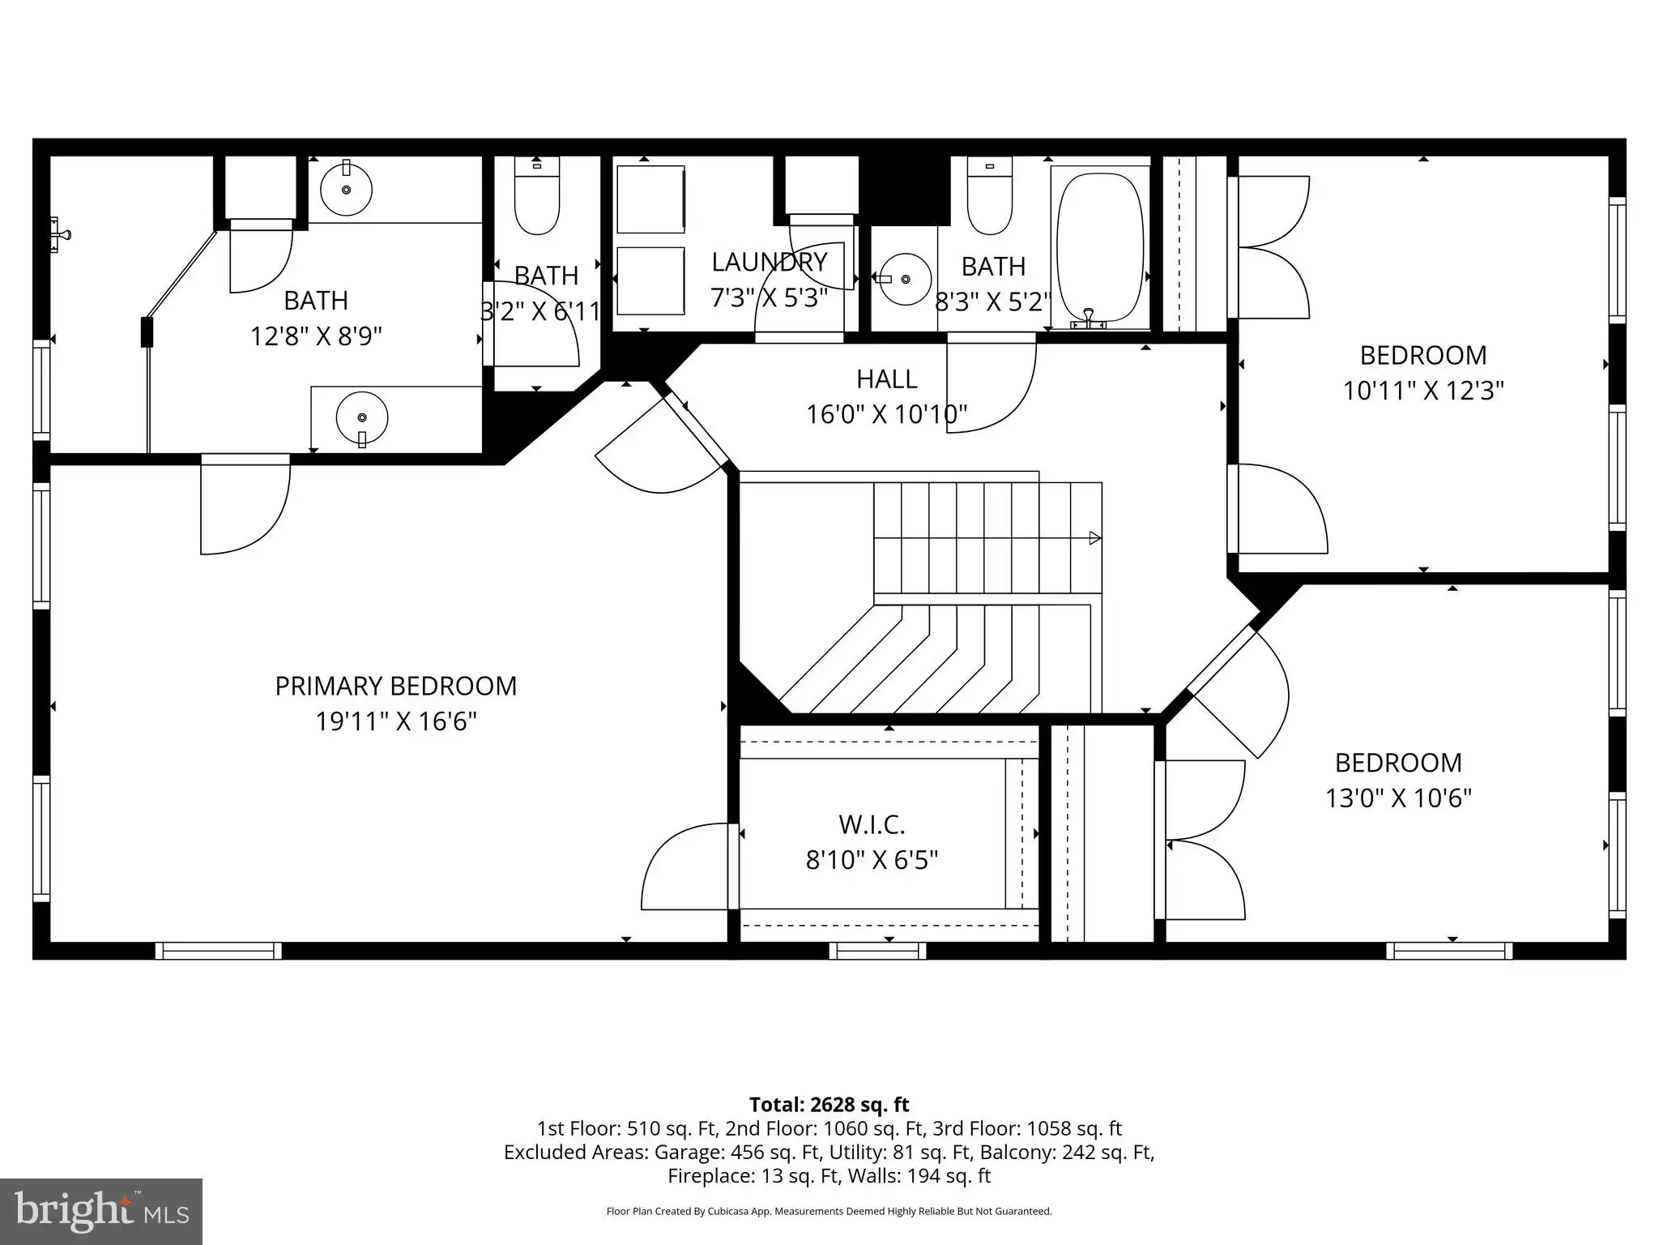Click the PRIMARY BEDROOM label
[395, 686]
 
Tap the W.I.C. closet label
[872, 824]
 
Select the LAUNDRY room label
[769, 262]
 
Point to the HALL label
[887, 379]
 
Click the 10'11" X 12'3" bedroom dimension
[1423, 391]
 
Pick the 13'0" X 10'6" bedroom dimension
[1398, 798]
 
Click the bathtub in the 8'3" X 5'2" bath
[1100, 247]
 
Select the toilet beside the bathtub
[990, 196]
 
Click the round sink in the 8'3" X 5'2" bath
[905, 279]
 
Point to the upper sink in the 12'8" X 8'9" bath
[346, 189]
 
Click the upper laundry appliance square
[650, 199]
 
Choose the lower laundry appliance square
[650, 280]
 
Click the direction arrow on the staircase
[1094, 537]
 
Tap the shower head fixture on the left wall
[60, 235]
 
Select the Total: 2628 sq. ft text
[829, 1105]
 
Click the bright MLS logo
[101, 1212]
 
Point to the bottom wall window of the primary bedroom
[219, 951]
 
